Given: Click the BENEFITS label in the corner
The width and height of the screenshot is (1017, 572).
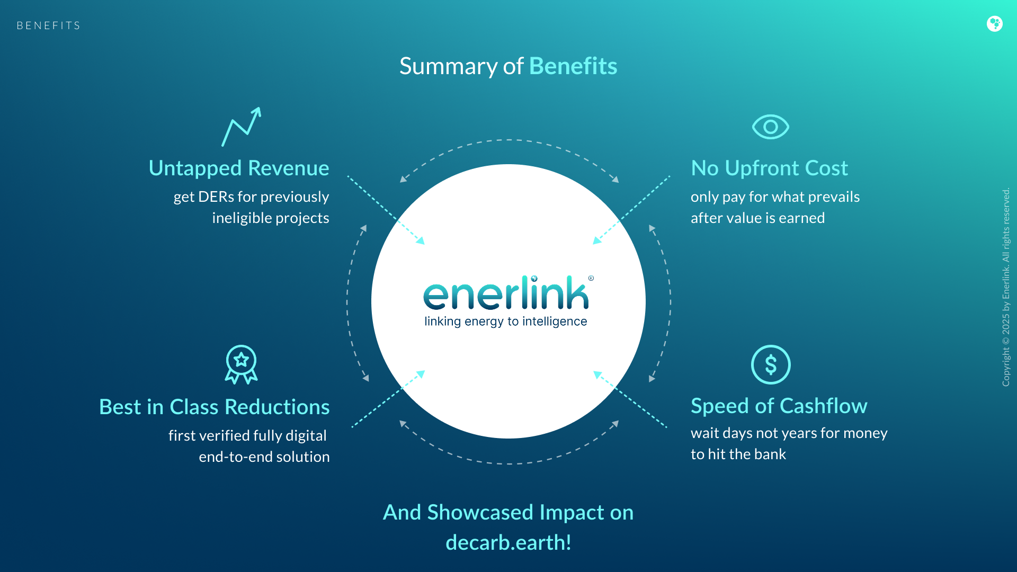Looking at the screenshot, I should pyautogui.click(x=48, y=25).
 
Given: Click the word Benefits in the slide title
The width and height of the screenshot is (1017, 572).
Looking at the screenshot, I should pyautogui.click(x=573, y=66).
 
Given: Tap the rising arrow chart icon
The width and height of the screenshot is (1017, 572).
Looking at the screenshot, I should pyautogui.click(x=242, y=127).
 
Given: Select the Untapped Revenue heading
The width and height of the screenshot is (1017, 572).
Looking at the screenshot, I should pyautogui.click(x=239, y=168).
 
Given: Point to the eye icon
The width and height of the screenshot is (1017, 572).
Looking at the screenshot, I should pyautogui.click(x=770, y=127).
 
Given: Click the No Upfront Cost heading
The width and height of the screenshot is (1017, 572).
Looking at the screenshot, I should pyautogui.click(x=769, y=168).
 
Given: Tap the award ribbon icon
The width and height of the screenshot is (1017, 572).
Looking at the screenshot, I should pyautogui.click(x=241, y=364).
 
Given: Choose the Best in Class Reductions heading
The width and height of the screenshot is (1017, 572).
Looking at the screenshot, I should pyautogui.click(x=215, y=407).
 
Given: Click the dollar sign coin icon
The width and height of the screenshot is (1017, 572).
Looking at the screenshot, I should pyautogui.click(x=771, y=365).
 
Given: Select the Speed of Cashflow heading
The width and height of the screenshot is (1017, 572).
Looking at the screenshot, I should pyautogui.click(x=779, y=406).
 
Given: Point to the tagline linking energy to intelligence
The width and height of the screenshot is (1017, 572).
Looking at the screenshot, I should pyautogui.click(x=505, y=321).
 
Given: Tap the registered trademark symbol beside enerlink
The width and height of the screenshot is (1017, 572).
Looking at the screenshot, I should pyautogui.click(x=591, y=278).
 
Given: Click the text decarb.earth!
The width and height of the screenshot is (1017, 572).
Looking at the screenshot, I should pyautogui.click(x=508, y=542).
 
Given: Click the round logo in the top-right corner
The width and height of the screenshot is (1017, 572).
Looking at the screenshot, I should pyautogui.click(x=995, y=24).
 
